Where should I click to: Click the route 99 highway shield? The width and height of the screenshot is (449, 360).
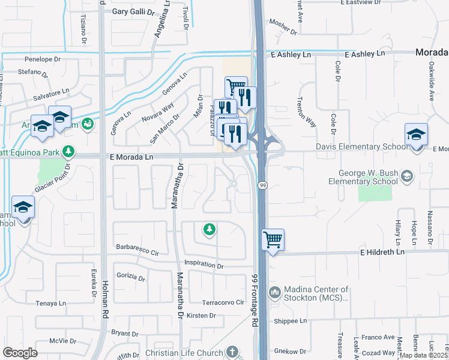[263, 186]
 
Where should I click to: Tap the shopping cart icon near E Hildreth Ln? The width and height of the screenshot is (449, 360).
[273, 240]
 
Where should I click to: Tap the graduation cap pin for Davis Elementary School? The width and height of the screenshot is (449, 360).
[416, 134]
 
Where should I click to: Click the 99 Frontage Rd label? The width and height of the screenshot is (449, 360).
[255, 300]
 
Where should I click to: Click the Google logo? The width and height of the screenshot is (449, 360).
[20, 353]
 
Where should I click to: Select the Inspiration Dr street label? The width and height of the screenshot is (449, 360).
[203, 265]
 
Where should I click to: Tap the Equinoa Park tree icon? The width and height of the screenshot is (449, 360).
[69, 151]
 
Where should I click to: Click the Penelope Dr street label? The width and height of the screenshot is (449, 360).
[43, 60]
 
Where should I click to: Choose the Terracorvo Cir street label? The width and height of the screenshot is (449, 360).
[223, 302]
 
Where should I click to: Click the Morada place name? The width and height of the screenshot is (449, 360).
[432, 53]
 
